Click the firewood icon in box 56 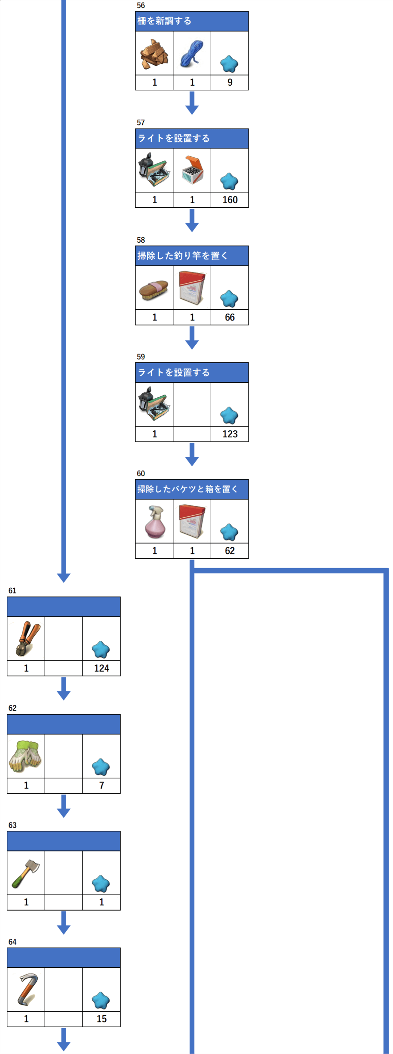[x=154, y=54]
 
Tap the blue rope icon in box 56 [x=192, y=54]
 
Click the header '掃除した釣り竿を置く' [x=182, y=256]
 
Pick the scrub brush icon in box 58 [x=154, y=289]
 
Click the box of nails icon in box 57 [x=192, y=170]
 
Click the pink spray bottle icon [x=155, y=521]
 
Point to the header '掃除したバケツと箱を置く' [x=187, y=489]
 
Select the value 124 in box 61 [x=102, y=668]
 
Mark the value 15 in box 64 [x=102, y=1019]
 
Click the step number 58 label [x=141, y=240]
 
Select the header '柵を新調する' [x=164, y=21]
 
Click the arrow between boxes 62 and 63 [x=64, y=806]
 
